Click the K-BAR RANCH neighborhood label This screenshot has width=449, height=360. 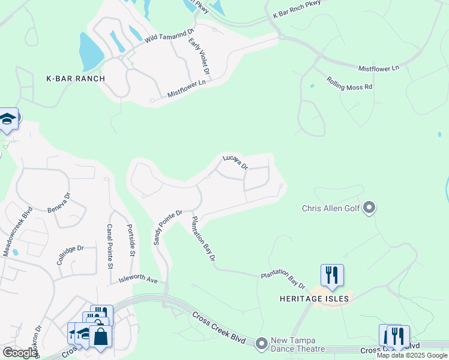76,79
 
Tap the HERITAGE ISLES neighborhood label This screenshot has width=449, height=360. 315,298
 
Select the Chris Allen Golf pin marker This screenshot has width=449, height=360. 369,208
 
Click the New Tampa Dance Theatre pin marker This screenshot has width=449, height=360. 261,344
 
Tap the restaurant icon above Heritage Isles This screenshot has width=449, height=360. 332,275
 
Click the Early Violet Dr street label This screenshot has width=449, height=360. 199,56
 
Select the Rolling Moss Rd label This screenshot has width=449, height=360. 349,83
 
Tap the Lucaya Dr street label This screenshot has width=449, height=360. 235,162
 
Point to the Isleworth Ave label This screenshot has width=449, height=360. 137,280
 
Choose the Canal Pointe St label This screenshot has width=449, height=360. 110,246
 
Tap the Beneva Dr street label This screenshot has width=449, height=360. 59,203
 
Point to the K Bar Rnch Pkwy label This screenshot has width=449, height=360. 297,9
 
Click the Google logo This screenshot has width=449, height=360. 20,353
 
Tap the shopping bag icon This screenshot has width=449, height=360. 100,337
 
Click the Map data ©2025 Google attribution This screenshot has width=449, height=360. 412,355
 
